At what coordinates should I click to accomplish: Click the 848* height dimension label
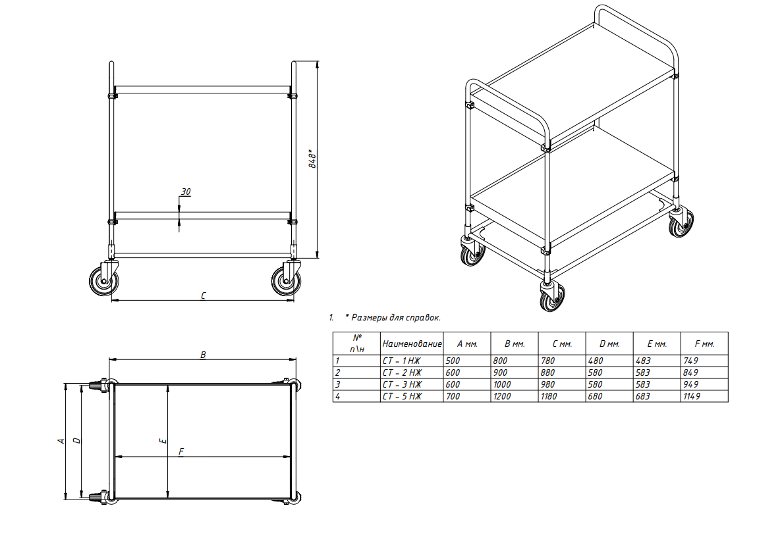pos(312,159)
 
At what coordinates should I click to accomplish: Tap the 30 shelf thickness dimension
pos(186,192)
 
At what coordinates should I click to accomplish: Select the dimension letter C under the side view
pos(203,295)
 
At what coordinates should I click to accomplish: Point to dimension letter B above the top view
pos(203,355)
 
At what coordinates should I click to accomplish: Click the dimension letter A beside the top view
pos(61,441)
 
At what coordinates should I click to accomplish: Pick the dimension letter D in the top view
pos(76,440)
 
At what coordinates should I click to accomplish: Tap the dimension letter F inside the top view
pos(181,451)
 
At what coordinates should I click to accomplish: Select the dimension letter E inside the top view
pos(163,441)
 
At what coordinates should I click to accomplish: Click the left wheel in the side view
pos(103,281)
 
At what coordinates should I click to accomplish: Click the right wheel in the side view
pos(286,281)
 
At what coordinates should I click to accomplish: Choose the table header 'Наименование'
pos(412,344)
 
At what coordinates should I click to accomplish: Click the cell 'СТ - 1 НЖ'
pos(402,361)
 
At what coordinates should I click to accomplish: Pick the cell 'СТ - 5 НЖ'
pos(402,397)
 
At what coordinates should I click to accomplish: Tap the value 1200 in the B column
pos(502,397)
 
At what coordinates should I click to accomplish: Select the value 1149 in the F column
pos(692,397)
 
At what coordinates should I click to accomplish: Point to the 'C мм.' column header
pos(562,344)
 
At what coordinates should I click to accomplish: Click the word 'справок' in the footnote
pos(423,318)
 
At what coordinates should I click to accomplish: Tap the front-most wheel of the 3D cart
pos(553,296)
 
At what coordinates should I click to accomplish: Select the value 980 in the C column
pos(548,384)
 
